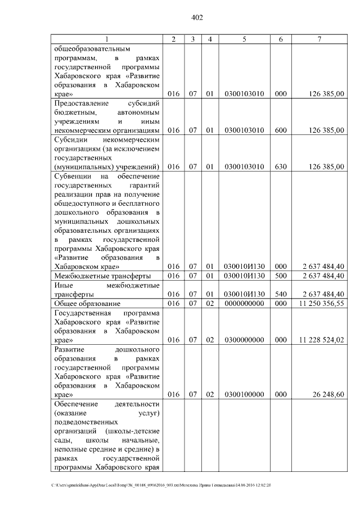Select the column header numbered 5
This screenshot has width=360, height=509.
[244, 39]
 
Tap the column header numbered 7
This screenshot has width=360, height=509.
[319, 39]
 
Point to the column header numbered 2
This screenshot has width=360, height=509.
[173, 39]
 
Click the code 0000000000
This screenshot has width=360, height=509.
[244, 304]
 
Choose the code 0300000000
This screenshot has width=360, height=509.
[244, 340]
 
